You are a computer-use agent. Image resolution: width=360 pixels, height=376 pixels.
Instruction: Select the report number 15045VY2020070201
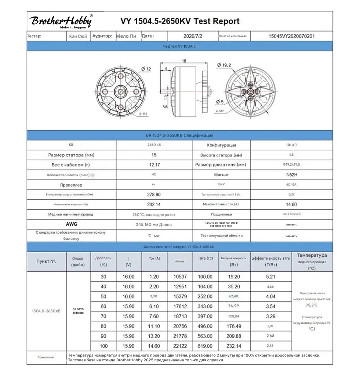click(x=291, y=36)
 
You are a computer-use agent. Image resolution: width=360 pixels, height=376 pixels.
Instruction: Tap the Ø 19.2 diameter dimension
click(x=224, y=65)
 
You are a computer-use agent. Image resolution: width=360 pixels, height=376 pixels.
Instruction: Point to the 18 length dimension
click(x=184, y=61)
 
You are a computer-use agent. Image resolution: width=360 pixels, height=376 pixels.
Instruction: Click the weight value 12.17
click(x=154, y=165)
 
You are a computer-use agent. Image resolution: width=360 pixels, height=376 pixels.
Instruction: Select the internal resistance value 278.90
click(x=154, y=195)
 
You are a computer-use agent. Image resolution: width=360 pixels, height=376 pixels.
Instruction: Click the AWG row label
click(x=72, y=224)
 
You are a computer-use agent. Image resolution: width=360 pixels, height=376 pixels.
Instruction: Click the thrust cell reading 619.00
click(x=205, y=346)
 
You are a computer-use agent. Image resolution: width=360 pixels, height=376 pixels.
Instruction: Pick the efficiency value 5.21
click(x=270, y=277)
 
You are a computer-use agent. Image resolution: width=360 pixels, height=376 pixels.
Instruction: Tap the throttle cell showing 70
click(x=103, y=316)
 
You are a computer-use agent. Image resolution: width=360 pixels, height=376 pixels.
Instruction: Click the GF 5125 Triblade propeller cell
click(x=78, y=311)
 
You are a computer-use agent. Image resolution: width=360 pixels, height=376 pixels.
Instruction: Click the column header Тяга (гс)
click(x=205, y=258)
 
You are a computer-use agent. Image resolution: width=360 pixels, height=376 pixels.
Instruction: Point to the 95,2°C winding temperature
click(x=312, y=305)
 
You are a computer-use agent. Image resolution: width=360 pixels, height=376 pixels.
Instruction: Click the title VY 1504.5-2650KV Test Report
click(x=180, y=21)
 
